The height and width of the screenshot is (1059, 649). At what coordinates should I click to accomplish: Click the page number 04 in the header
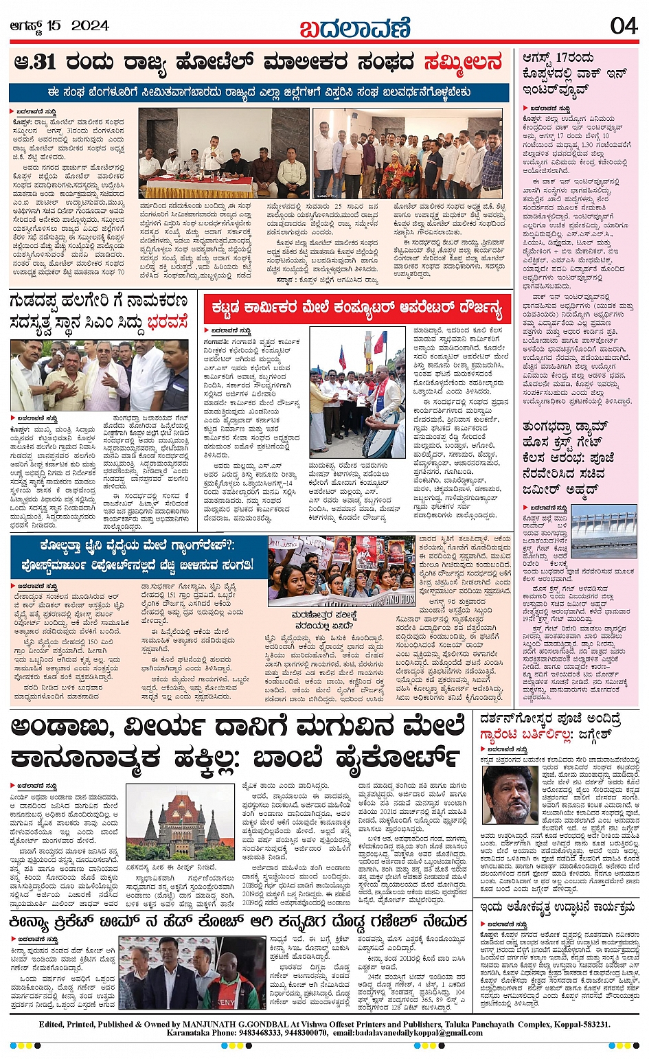click(x=624, y=26)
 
